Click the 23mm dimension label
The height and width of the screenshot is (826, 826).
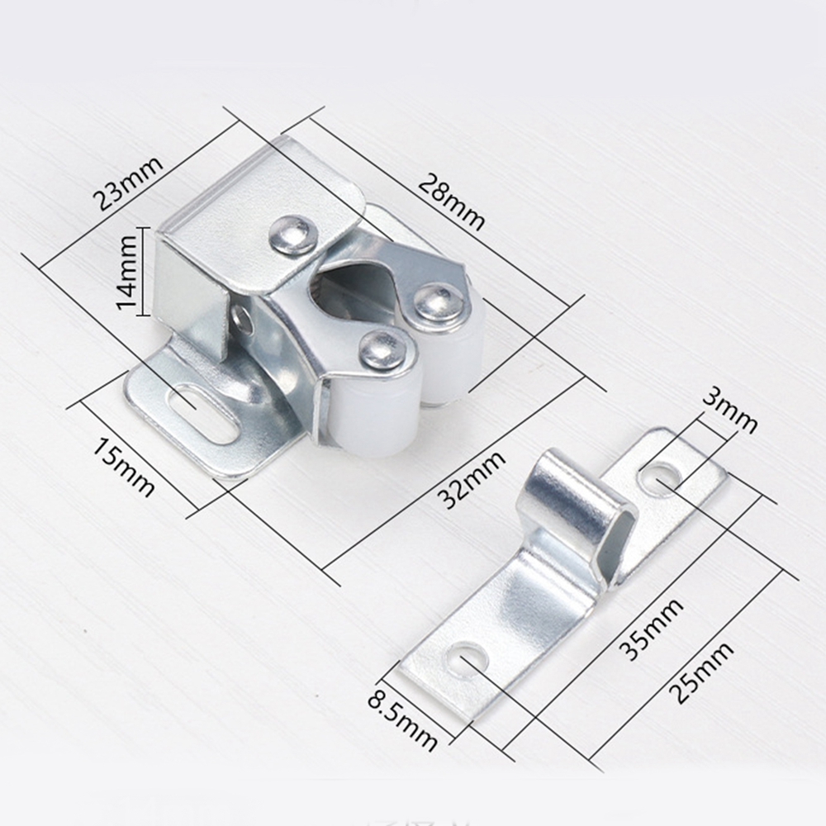(127, 183)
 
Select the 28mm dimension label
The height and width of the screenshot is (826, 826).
(452, 202)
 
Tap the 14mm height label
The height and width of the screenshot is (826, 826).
(126, 273)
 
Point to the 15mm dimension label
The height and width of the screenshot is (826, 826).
(125, 468)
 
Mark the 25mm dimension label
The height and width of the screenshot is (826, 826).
(703, 672)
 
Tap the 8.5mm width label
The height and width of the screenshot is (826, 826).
(402, 717)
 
